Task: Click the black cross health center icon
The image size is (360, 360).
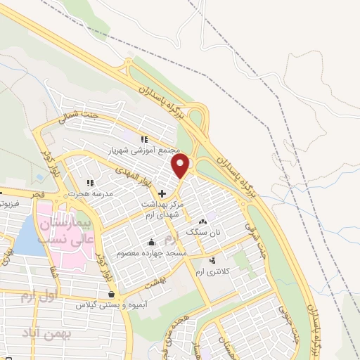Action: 162,193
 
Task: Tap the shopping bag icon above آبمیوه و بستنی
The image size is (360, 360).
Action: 110,295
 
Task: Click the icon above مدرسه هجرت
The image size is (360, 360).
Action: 90,183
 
